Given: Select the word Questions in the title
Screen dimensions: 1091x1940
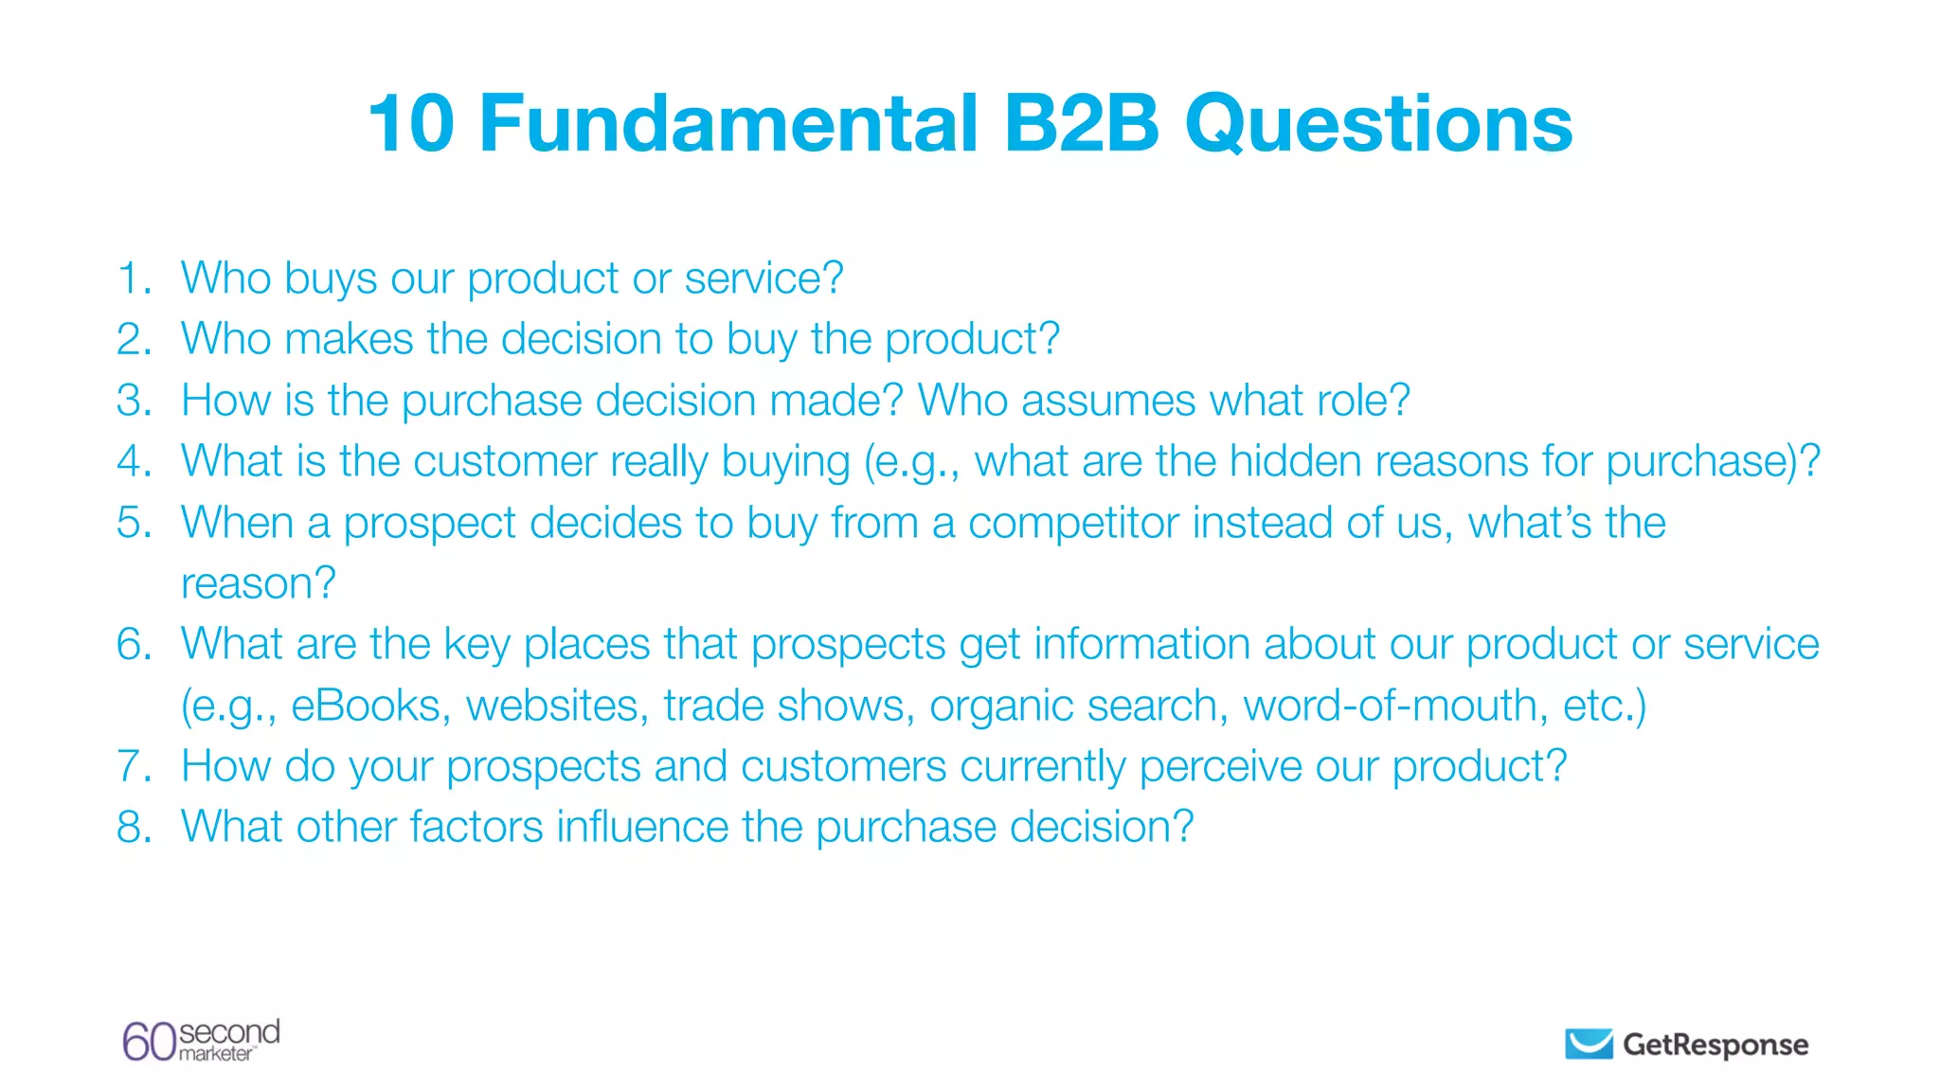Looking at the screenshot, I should coord(1378,125).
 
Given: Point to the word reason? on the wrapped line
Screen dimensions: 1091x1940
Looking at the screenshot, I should coord(258,583).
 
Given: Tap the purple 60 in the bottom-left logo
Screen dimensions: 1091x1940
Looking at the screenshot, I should coord(149,1042).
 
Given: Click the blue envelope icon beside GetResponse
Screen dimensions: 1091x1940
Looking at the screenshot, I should coord(1589,1044).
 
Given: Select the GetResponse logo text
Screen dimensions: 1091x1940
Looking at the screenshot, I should coord(1715,1045).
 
